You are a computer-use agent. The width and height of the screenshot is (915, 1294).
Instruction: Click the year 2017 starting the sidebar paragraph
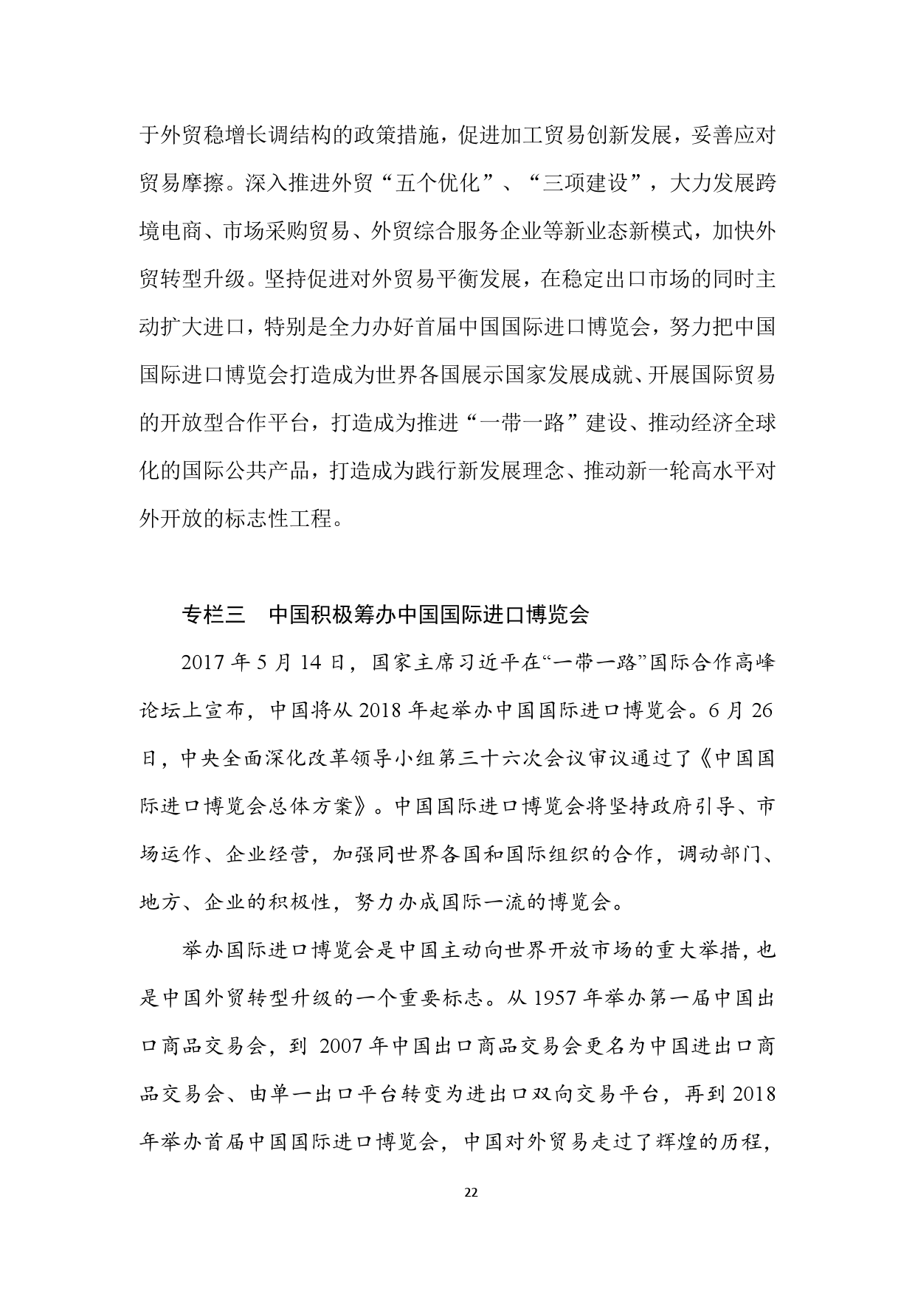204,662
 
